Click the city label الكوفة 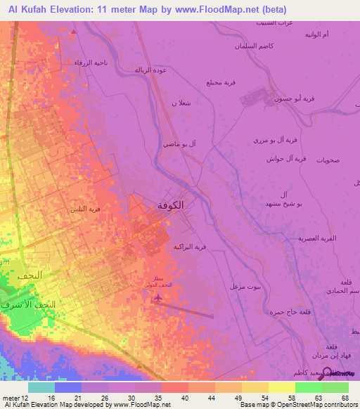(169, 205)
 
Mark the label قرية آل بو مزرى (270, 141)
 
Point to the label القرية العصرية (316, 239)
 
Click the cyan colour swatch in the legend (41, 387)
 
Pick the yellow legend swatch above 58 (281, 387)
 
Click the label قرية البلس (84, 209)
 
